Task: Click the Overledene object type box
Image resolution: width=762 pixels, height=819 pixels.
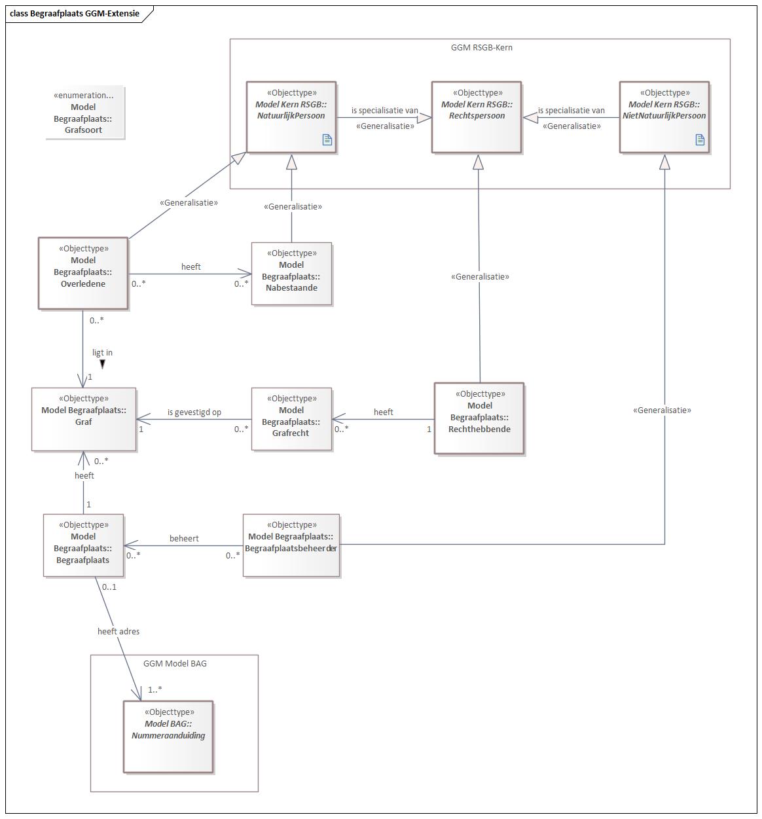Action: pos(82,273)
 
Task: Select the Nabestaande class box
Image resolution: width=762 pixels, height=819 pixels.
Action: pos(291,274)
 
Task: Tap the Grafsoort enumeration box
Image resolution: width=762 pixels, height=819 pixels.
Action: pos(84,112)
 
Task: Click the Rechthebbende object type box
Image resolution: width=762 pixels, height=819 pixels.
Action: pos(479,418)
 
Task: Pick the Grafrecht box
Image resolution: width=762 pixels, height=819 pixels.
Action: pos(291,419)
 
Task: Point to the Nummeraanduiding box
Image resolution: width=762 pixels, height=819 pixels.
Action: pos(168,737)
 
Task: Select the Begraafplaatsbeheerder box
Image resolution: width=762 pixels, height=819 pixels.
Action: pos(291,545)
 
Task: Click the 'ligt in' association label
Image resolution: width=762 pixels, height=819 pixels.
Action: pos(102,353)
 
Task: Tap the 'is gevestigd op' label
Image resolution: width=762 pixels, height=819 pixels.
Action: pos(194,412)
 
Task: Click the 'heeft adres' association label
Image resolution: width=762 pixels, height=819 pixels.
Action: pos(118,632)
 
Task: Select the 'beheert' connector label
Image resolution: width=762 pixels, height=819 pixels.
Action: pos(184,538)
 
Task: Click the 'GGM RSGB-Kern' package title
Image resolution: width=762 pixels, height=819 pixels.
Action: pos(482,47)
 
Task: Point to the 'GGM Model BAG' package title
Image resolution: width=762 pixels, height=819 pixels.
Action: pos(175,663)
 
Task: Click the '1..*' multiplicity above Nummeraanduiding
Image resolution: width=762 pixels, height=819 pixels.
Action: pos(154,689)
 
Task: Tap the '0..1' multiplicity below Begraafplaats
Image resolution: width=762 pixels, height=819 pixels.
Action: pos(109,587)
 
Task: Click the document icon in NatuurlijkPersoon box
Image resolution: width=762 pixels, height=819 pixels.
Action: pos(327,139)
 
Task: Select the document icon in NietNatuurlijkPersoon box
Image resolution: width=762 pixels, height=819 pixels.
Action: pos(700,139)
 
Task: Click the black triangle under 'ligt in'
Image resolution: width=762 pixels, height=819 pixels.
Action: pos(102,364)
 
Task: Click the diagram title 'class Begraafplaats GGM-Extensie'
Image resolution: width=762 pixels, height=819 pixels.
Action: pos(75,13)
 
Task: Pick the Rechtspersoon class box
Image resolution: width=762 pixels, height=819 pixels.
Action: pos(477,117)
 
